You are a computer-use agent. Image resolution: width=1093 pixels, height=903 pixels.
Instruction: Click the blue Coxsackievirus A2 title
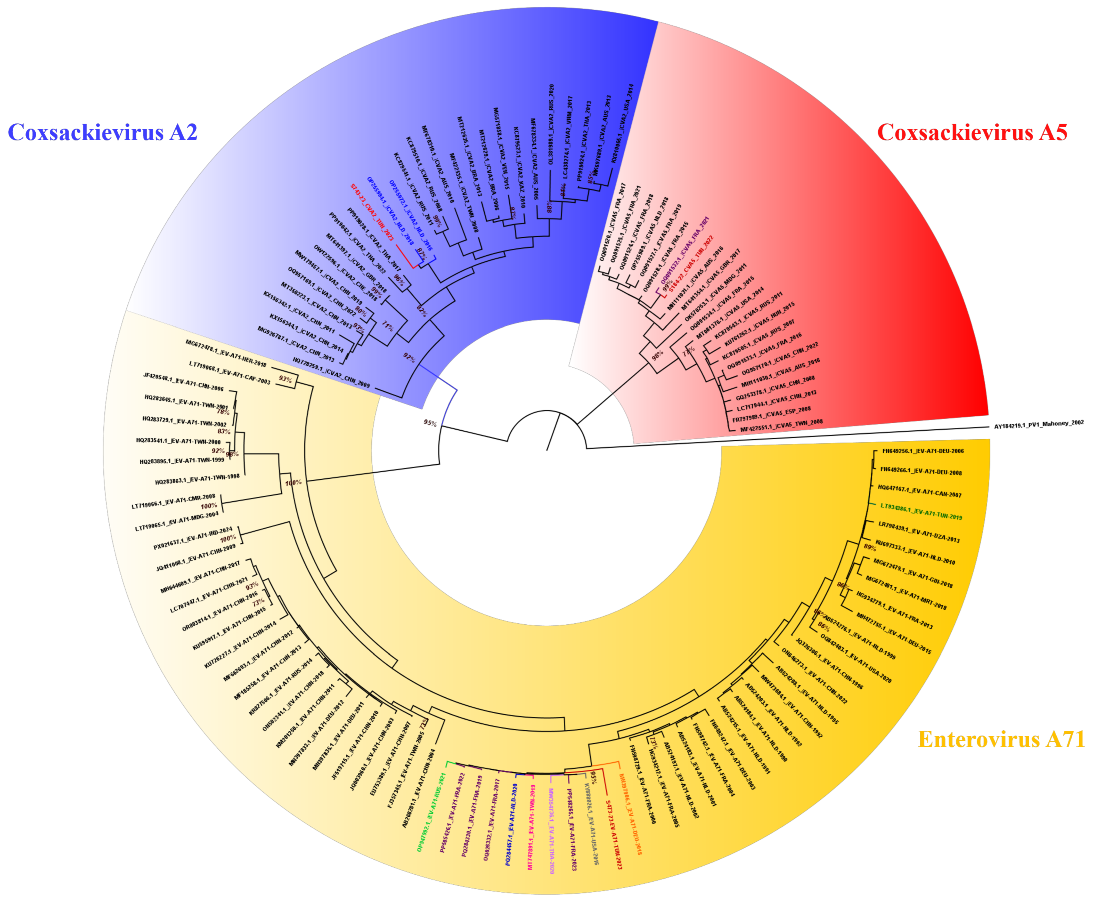(102, 133)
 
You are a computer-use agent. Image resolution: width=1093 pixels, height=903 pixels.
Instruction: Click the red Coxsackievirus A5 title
(972, 133)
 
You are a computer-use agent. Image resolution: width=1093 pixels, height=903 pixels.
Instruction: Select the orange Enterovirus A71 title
(1001, 739)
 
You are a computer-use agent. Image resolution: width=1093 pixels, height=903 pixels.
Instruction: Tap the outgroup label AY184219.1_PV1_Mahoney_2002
(1038, 424)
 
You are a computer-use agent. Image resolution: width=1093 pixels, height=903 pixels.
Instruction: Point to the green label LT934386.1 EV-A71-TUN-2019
(920, 511)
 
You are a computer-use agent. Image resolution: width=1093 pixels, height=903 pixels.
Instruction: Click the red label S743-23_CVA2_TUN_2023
(371, 211)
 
